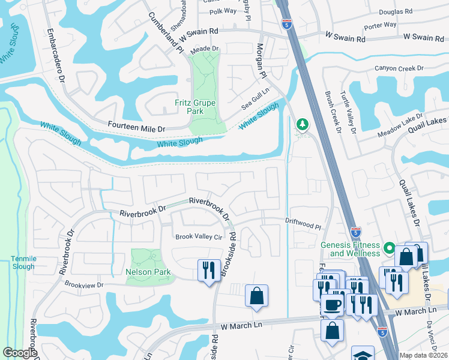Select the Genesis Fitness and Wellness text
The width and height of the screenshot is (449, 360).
[351, 249]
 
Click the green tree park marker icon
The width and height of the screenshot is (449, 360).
[303, 124]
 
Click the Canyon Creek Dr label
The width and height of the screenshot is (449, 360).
[399, 68]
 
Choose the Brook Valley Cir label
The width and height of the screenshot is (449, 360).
[198, 237]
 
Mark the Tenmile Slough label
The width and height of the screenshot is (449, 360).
[23, 262]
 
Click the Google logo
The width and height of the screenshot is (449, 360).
[20, 353]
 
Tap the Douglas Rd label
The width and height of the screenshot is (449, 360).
[396, 11]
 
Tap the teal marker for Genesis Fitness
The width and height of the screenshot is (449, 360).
[389, 247]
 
